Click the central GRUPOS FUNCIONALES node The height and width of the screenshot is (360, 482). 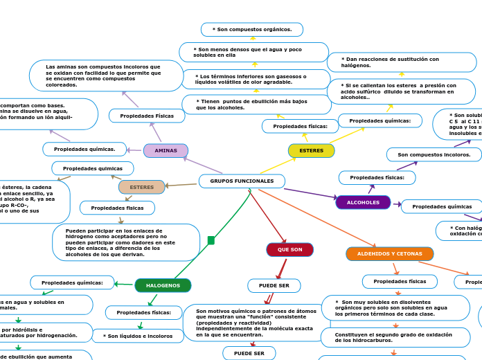click(242, 181)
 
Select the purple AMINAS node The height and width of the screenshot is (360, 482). click(166, 151)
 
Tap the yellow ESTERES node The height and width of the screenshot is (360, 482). click(311, 151)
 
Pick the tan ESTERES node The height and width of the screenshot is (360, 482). click(142, 188)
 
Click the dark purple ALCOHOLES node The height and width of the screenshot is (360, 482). click(363, 203)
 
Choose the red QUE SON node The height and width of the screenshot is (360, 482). click(289, 250)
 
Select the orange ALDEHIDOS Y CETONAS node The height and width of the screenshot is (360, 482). click(389, 254)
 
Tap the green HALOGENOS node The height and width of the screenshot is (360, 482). click(163, 285)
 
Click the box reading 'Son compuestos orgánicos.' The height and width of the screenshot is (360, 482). click(252, 30)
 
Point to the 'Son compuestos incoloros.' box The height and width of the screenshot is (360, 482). click(434, 154)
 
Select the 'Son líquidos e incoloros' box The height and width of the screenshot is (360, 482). click(138, 336)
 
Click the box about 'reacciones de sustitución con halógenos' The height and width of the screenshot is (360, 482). click(402, 62)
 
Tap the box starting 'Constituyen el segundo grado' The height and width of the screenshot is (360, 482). click(395, 337)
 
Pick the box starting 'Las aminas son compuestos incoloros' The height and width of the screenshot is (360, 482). click(106, 75)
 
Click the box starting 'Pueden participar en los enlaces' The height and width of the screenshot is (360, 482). click(125, 242)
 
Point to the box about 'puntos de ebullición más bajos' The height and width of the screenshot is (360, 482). click(256, 105)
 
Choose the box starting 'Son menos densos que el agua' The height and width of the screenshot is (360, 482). click(253, 53)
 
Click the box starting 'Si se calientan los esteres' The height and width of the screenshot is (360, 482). click(401, 91)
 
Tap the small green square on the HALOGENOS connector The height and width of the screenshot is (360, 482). click(211, 240)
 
